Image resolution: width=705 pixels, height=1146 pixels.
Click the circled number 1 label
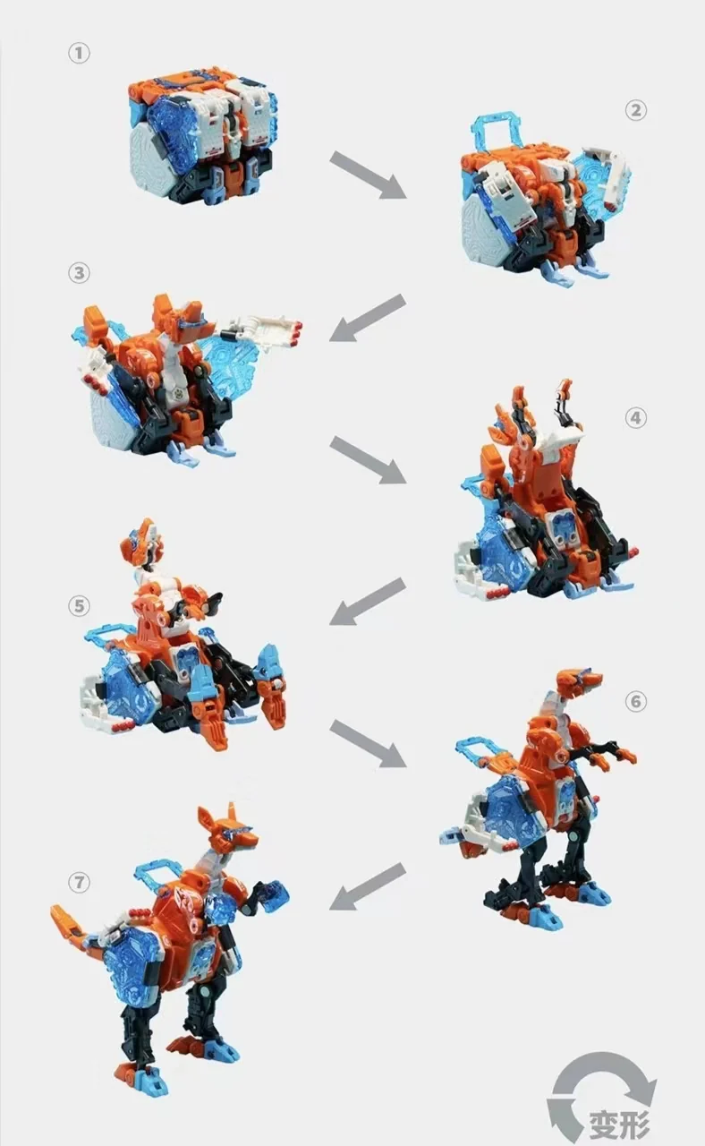click(x=80, y=53)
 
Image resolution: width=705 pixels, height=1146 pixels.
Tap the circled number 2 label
click(x=635, y=110)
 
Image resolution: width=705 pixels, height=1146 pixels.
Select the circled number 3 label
click(x=80, y=273)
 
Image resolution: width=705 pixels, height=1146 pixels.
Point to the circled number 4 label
click(x=635, y=418)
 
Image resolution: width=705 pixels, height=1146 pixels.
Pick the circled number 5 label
click(x=80, y=606)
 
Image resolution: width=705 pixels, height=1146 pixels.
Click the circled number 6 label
click(x=635, y=701)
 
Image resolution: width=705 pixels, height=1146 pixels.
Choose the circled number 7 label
click(x=80, y=882)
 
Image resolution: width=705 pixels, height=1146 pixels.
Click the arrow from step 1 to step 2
click(x=368, y=175)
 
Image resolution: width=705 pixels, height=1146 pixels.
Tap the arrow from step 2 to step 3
click(x=368, y=318)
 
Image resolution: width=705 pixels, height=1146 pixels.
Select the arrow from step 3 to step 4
click(x=368, y=459)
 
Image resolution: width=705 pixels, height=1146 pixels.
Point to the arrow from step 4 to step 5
click(x=368, y=602)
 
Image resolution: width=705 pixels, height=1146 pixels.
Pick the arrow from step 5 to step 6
click(x=368, y=743)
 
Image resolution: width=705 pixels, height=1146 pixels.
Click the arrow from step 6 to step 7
click(x=368, y=885)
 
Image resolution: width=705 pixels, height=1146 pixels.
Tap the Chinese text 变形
click(x=619, y=1124)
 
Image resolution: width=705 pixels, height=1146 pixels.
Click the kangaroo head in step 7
click(x=229, y=830)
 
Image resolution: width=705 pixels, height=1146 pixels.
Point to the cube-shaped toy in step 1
click(x=202, y=136)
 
